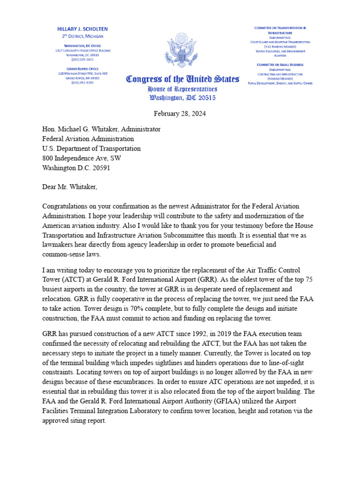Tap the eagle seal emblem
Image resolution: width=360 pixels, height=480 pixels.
[x=180, y=50]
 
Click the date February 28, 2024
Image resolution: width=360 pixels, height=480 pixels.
[x=180, y=113]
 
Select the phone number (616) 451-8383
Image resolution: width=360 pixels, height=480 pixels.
[x=82, y=82]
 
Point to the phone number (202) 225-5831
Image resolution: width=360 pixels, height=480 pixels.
[x=82, y=60]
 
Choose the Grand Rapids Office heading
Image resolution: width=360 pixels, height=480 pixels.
[x=82, y=69]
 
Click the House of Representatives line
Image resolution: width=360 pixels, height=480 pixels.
[x=182, y=89]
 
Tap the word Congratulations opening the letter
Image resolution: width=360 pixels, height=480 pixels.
[x=68, y=206]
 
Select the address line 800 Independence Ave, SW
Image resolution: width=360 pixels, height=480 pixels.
[x=82, y=158]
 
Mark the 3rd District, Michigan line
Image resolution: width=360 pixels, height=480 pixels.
[x=83, y=36]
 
